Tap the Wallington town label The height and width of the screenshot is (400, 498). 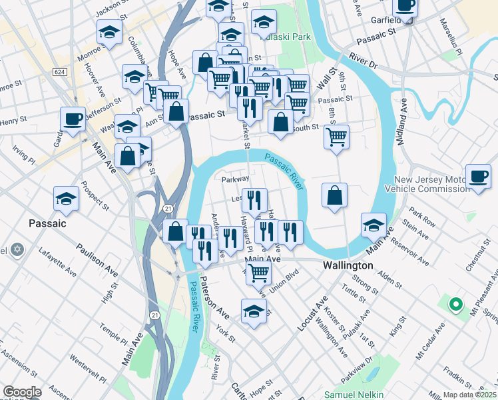click(x=346, y=265)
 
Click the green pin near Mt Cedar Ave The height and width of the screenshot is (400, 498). click(x=455, y=305)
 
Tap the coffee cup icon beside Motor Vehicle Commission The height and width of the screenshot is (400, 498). click(x=478, y=177)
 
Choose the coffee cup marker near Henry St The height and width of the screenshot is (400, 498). click(x=73, y=119)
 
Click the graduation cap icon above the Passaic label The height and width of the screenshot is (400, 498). click(x=67, y=199)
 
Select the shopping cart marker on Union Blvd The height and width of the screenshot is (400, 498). click(x=258, y=271)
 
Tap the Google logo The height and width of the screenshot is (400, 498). click(x=22, y=393)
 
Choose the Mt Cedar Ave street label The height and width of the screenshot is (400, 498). click(x=431, y=341)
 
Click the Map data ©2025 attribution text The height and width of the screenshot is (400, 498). click(x=469, y=395)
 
